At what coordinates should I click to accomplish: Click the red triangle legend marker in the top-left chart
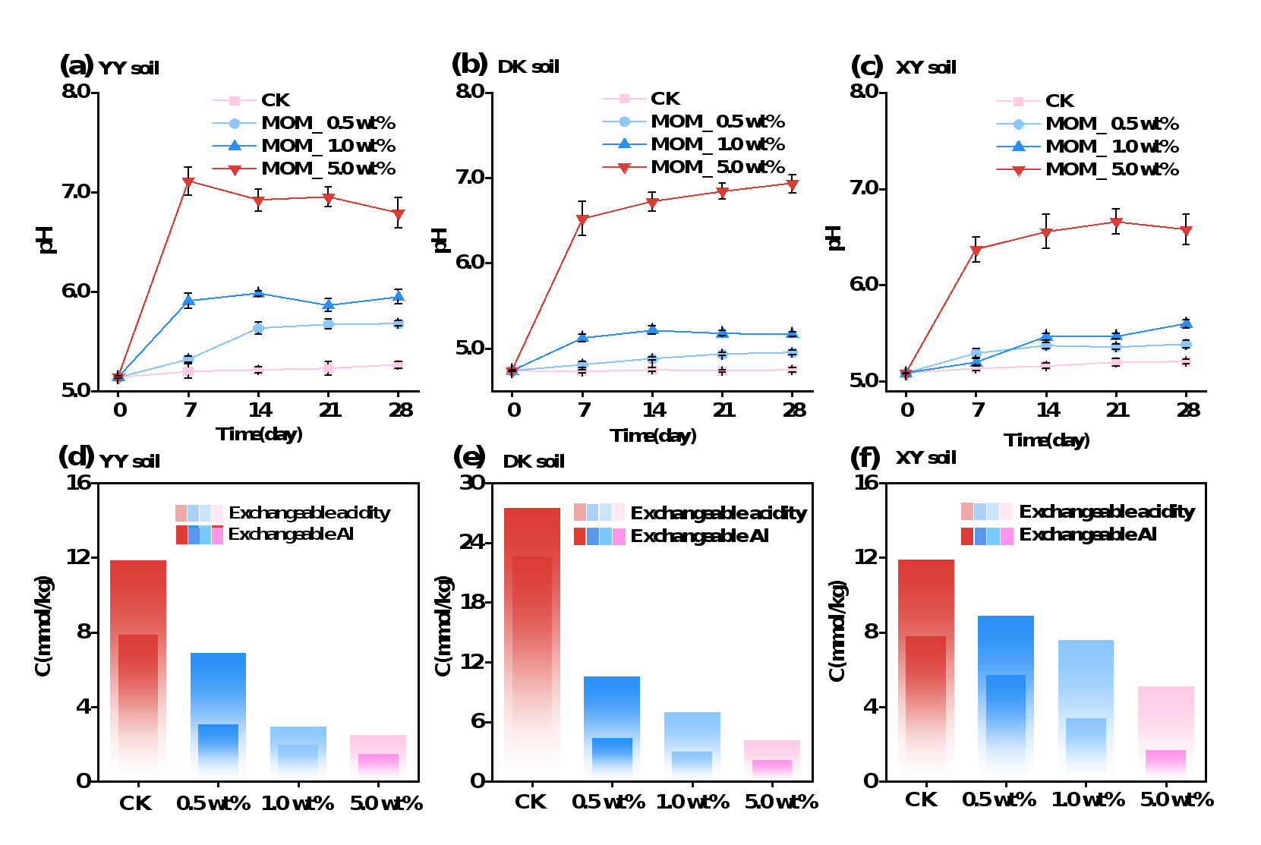pos(235,169)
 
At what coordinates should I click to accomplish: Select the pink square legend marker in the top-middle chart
pos(624,99)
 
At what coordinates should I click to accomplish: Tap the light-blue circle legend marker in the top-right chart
pos(1018,125)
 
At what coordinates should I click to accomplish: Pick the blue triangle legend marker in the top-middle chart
pos(624,143)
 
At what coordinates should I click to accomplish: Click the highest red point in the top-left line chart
pos(188,182)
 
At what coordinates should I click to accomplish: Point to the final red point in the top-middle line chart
pos(792,184)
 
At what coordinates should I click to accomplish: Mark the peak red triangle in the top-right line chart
pos(1116,222)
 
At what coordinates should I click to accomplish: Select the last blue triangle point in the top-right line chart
pos(1186,323)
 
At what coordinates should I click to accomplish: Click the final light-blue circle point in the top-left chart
pos(398,323)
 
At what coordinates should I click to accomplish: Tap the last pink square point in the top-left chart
pos(398,365)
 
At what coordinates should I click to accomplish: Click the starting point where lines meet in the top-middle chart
pos(512,370)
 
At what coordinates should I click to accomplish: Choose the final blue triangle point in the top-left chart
pos(398,296)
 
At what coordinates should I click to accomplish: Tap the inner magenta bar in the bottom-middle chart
pos(771,768)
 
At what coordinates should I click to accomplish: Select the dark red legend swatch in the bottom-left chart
pos(181,535)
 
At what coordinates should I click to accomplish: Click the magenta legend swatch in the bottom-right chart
pos(1007,537)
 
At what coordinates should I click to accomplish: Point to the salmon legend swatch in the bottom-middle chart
pos(580,512)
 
